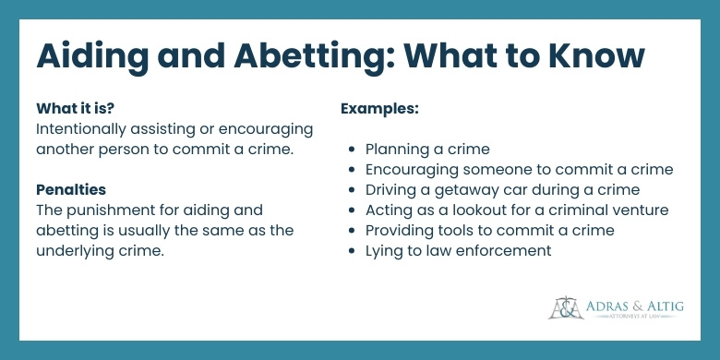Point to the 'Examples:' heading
coord(380,108)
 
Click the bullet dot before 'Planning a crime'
coord(354,150)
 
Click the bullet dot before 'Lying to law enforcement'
coord(354,251)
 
